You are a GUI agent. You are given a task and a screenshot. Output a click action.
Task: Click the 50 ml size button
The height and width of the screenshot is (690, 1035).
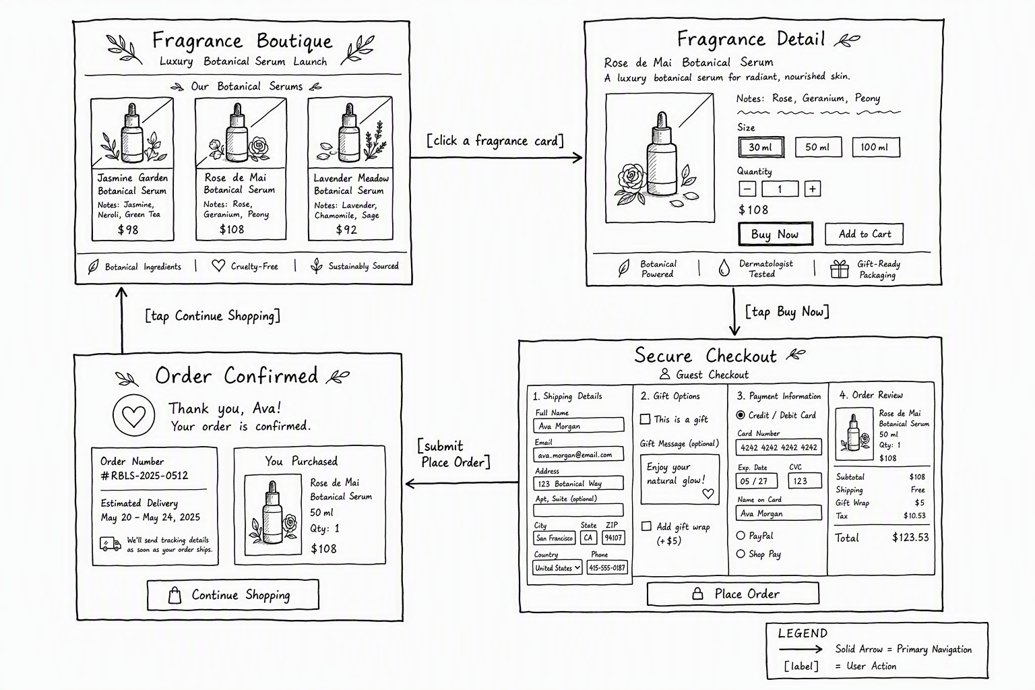pos(818,147)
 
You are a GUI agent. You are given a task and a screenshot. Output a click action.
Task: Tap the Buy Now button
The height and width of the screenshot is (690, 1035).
pos(776,234)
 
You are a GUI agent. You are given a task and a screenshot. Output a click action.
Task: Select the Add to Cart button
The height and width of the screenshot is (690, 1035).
pos(865,234)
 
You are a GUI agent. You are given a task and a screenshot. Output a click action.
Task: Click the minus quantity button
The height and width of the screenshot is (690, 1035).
pos(747,189)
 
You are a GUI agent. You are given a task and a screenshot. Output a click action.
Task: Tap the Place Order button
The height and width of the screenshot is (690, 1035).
pos(733,594)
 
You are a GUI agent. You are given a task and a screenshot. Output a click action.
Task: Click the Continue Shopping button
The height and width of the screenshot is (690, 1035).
pos(233,595)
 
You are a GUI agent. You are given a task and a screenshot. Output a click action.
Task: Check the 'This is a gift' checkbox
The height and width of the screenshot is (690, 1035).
pos(645,419)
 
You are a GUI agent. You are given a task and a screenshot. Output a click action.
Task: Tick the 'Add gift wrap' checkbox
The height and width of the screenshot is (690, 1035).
pos(646,526)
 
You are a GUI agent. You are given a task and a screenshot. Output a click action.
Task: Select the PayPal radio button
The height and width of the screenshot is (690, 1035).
pos(741,536)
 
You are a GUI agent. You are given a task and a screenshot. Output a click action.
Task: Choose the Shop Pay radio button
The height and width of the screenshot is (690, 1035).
pos(741,554)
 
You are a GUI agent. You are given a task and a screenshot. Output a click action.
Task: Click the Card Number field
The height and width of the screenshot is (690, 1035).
pos(778,447)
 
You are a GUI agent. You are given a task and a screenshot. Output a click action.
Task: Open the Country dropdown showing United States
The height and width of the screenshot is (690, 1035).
pos(557,567)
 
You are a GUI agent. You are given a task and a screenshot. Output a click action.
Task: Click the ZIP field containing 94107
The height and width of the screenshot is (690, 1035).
pos(614,538)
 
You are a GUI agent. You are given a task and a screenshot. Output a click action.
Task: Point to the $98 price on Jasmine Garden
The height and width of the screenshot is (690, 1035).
pos(128,230)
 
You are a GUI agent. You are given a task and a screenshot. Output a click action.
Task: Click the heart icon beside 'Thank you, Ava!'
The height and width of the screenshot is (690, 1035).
pos(133,415)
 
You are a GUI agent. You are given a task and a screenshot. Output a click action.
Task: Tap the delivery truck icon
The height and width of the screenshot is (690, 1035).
pos(111,544)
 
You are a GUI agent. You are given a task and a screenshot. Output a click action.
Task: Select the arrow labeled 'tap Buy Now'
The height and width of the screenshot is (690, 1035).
pos(734,312)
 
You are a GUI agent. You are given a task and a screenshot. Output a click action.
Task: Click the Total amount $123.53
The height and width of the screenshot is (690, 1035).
pos(910,538)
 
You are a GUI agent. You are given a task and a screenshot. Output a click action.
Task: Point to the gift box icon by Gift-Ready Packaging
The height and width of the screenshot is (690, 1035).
pos(839,269)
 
